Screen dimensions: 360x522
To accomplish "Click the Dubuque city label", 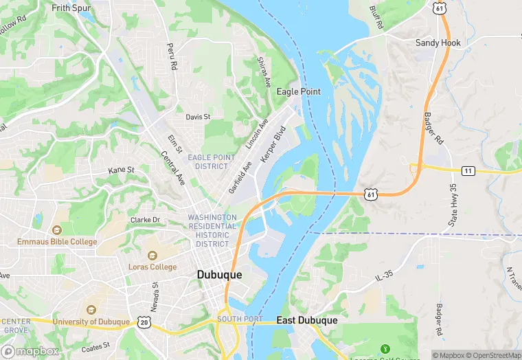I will tap(219, 274).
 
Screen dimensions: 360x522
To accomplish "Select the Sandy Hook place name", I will tap(438, 43).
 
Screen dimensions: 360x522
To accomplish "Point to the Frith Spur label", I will tap(73, 8).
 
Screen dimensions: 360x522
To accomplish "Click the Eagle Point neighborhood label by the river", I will tap(298, 91).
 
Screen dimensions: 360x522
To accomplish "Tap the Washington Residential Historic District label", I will tap(212, 231).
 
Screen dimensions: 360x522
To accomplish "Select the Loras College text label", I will tap(152, 267).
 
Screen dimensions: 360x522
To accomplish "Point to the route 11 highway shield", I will tap(468, 170).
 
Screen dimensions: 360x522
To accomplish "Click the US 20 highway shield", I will tap(143, 322).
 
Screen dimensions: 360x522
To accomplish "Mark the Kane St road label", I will tap(121, 170).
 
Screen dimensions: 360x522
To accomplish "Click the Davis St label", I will tap(198, 117).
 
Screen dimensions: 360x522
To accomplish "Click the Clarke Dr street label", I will tap(145, 220).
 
